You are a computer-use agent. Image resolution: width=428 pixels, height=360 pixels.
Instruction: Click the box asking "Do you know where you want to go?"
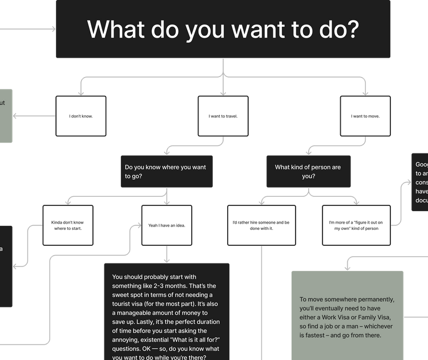(165, 172)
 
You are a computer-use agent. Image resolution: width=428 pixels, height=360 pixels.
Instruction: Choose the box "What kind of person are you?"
(308, 172)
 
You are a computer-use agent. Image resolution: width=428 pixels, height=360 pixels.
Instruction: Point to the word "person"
(318, 167)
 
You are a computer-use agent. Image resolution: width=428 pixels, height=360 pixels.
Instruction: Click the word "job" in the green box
(338, 326)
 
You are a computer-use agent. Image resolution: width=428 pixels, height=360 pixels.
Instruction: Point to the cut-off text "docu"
(422, 201)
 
